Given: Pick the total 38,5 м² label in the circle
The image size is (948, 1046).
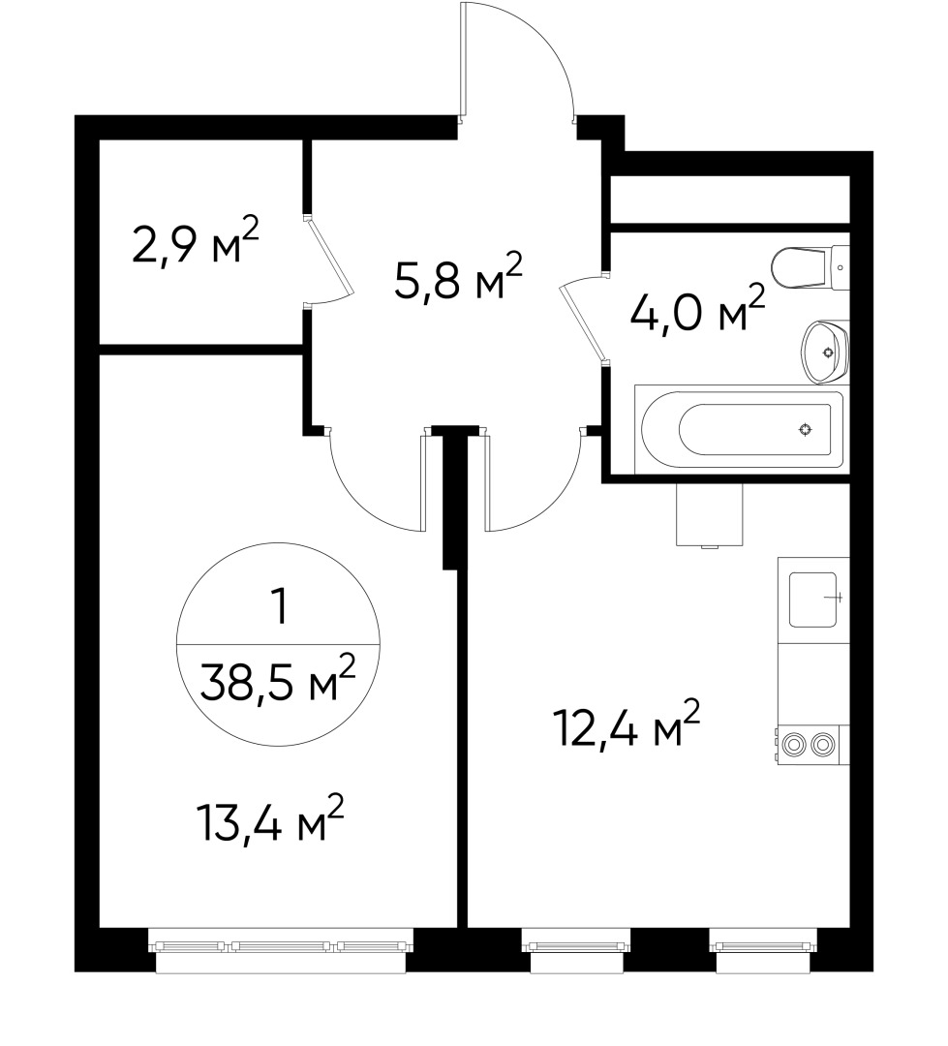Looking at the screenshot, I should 277,679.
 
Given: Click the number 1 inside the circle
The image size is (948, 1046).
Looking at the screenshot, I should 279,607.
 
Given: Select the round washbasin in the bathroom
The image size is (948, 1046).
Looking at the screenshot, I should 825,350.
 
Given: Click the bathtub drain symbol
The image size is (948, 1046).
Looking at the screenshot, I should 805,429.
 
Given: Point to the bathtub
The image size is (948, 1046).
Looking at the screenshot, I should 741,429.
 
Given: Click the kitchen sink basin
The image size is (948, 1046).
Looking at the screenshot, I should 812,599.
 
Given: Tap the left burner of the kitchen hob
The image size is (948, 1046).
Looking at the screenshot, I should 796,744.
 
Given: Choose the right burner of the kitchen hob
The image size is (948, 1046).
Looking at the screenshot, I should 824,744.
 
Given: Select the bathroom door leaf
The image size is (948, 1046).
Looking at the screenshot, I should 586,320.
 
